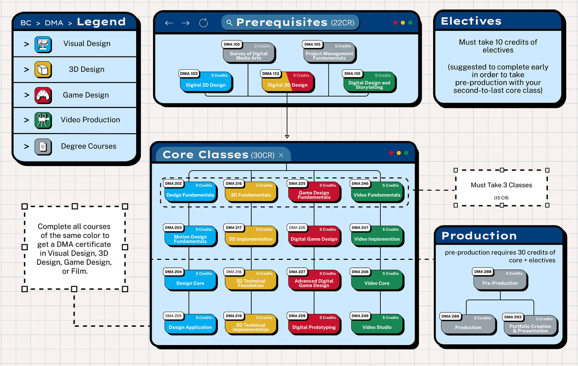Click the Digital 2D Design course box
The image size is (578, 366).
206,82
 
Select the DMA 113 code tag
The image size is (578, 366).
271,74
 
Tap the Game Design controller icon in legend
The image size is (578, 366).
43,95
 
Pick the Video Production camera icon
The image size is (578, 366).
43,120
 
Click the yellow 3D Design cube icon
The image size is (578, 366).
43,69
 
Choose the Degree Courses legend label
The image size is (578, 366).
88,146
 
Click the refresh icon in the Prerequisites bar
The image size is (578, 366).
204,23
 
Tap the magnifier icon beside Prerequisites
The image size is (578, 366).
229,23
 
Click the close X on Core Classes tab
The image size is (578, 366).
281,155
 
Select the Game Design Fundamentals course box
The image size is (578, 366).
314,194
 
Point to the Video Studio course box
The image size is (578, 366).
377,325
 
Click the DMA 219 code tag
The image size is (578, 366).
234,316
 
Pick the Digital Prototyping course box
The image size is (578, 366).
314,325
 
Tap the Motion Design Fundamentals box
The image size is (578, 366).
190,237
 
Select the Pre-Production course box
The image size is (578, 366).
500,281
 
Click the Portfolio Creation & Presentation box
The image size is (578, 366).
530,326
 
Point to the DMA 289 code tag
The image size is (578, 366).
450,316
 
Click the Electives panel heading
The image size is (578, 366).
471,21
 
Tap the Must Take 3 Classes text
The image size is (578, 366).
501,185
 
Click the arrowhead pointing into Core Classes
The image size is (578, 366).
287,136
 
